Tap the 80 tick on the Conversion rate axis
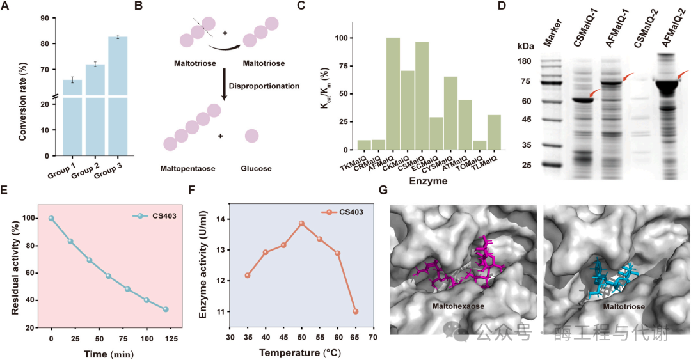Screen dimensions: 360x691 [x=44, y=43]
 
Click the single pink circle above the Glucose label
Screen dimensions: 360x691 [x=251, y=136]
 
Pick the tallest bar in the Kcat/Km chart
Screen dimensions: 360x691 [x=393, y=93]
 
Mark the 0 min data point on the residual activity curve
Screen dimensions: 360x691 [x=51, y=218]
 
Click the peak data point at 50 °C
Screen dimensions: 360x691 [x=301, y=223]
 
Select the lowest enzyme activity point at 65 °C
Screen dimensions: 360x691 [x=355, y=311]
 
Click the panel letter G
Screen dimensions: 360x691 [x=384, y=191]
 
